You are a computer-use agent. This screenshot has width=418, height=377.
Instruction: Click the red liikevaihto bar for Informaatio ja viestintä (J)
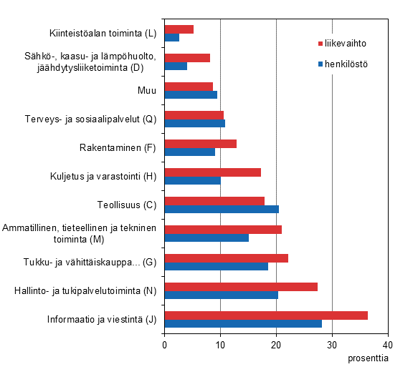click(x=266, y=315)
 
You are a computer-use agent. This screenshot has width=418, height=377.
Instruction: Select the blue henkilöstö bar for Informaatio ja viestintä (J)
click(x=243, y=323)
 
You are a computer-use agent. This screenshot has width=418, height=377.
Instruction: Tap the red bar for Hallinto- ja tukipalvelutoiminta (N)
click(x=241, y=287)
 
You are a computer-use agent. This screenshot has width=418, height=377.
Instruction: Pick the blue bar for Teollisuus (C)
click(x=222, y=209)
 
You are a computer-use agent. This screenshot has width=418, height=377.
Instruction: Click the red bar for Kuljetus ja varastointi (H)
click(x=213, y=172)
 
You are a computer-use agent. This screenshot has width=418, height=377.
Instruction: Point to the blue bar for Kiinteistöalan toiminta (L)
click(x=172, y=37)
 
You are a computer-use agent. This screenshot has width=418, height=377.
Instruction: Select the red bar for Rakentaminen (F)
click(x=201, y=144)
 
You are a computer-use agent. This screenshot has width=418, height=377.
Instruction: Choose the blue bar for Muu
click(x=191, y=94)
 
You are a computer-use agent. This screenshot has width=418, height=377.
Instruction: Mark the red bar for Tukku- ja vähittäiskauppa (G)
click(x=227, y=258)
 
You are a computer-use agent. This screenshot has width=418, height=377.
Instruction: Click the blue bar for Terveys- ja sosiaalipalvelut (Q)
click(x=195, y=123)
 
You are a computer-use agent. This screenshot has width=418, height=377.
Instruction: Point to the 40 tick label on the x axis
click(x=388, y=344)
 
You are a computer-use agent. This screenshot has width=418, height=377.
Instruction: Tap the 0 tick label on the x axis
click(x=165, y=344)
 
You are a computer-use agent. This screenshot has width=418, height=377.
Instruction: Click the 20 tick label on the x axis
click(x=276, y=344)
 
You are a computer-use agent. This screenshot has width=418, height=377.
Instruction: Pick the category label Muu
click(x=146, y=90)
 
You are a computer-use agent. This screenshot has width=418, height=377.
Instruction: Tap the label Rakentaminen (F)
click(x=118, y=148)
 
